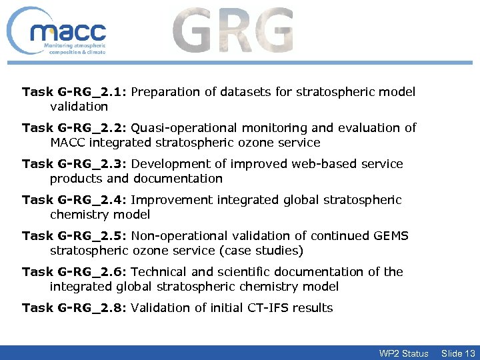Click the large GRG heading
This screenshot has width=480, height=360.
coord(233,31)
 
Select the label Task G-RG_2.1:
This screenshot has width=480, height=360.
coord(75,92)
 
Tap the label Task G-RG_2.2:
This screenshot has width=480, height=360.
coord(75,128)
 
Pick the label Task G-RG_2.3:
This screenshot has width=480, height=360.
coord(75,164)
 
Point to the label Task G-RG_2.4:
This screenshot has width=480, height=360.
coord(75,200)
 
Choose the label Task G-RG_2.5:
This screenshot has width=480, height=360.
coord(75,236)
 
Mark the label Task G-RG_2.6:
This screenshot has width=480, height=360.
coord(75,272)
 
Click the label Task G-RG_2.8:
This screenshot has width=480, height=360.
coord(75,308)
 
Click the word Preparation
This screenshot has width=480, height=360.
coord(163,92)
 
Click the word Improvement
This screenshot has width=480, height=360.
coord(167,200)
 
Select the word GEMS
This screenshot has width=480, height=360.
coord(391,236)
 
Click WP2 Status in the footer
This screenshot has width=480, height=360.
coord(403,353)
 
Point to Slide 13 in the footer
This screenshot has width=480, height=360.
coord(458,353)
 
